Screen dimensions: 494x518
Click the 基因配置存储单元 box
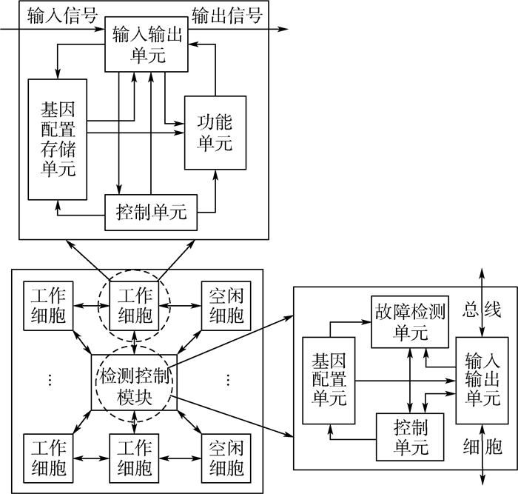coord(57,138)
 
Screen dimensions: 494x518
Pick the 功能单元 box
coord(215,132)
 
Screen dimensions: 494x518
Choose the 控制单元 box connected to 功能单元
coord(151,214)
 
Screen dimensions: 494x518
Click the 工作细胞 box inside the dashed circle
coord(134,305)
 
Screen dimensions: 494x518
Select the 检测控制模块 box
coord(134,384)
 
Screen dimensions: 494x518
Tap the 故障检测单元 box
coord(408,322)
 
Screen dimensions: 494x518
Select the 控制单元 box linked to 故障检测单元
coord(409,438)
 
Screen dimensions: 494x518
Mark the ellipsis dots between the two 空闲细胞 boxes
coord(227,380)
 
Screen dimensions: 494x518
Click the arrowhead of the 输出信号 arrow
coord(284,30)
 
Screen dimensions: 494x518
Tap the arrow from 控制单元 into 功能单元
coord(215,194)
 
